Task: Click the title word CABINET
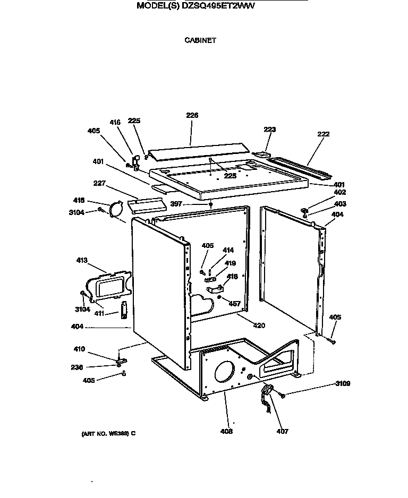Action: coord(200,40)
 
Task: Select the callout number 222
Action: coord(323,134)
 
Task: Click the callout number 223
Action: coord(270,129)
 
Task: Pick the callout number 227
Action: coord(99,184)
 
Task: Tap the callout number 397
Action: coord(175,203)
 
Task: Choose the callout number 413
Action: coord(82,261)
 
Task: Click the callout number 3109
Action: coord(342,383)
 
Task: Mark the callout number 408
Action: coord(226,431)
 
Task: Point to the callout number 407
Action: coord(282,431)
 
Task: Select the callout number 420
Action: coord(259,325)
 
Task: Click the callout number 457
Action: coord(234,304)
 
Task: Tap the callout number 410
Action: coord(79,349)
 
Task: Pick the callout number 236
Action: coord(78,367)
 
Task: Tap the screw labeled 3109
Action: coord(282,395)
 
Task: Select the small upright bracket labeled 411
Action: coord(124,311)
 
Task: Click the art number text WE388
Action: coord(117,434)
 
